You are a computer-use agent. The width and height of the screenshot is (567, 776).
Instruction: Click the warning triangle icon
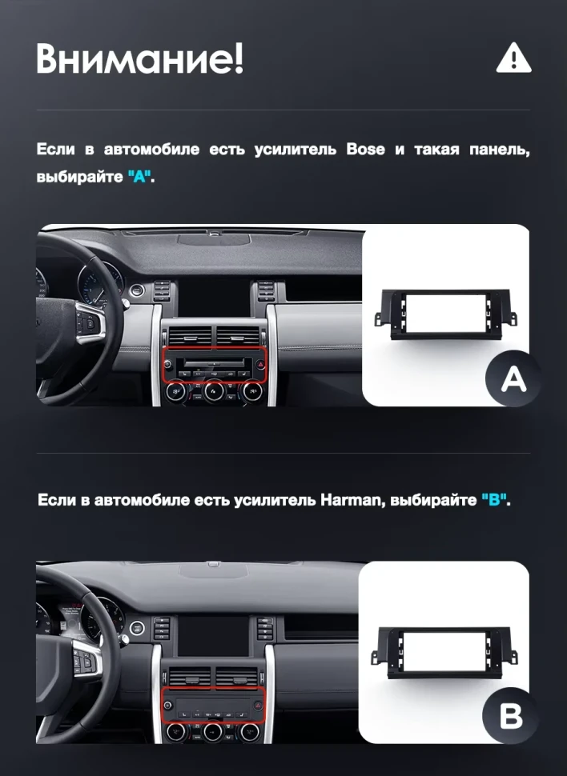click(513, 58)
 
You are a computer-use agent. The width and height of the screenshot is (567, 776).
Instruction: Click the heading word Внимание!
click(139, 59)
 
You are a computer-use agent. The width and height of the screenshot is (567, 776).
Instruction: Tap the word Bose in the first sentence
click(365, 150)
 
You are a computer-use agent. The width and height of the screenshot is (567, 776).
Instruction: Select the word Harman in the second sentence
click(350, 501)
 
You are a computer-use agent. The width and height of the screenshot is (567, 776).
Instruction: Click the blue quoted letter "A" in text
click(140, 176)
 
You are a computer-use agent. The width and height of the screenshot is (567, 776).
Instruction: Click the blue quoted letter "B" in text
click(495, 501)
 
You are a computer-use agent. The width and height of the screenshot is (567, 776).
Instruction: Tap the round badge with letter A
click(513, 379)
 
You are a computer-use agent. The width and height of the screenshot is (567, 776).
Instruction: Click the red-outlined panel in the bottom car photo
click(213, 702)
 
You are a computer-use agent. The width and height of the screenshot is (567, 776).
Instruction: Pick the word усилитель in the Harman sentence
click(275, 501)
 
